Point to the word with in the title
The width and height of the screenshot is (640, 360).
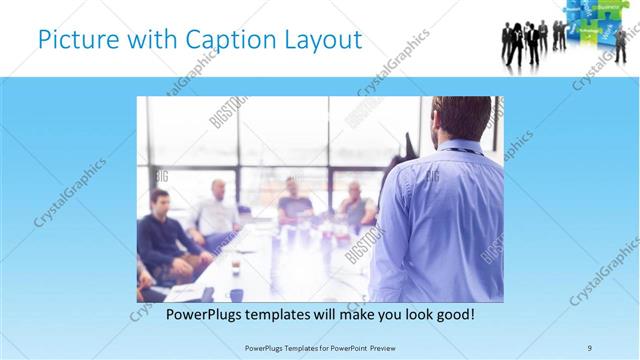pyautogui.click(x=147, y=41)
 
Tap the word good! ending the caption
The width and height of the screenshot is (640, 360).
pyautogui.click(x=453, y=315)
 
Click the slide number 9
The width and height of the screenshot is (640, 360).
pyautogui.click(x=590, y=347)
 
